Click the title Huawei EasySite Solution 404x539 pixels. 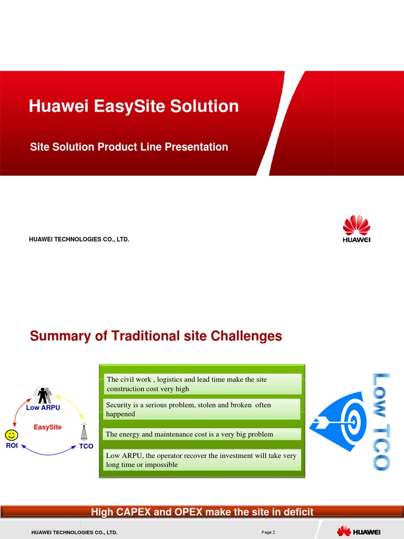(x=134, y=106)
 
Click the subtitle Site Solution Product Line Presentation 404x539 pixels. (x=129, y=147)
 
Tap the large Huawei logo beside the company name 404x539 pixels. (x=356, y=229)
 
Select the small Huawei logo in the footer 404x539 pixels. (x=359, y=532)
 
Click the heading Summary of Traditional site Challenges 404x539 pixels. (x=156, y=336)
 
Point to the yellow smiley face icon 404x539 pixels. (x=11, y=435)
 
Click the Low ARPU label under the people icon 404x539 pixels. (x=43, y=408)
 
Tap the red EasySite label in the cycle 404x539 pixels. (x=47, y=427)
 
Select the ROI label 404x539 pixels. (x=12, y=446)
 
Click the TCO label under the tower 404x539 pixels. (x=86, y=446)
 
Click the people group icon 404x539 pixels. (x=43, y=395)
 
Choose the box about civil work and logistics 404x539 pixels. (x=203, y=384)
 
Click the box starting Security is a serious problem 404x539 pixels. (x=203, y=410)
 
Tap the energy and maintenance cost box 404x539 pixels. (x=203, y=434)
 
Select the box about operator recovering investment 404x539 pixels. (x=203, y=460)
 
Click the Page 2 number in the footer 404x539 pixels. (x=268, y=533)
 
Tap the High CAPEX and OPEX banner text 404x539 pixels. (x=202, y=512)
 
